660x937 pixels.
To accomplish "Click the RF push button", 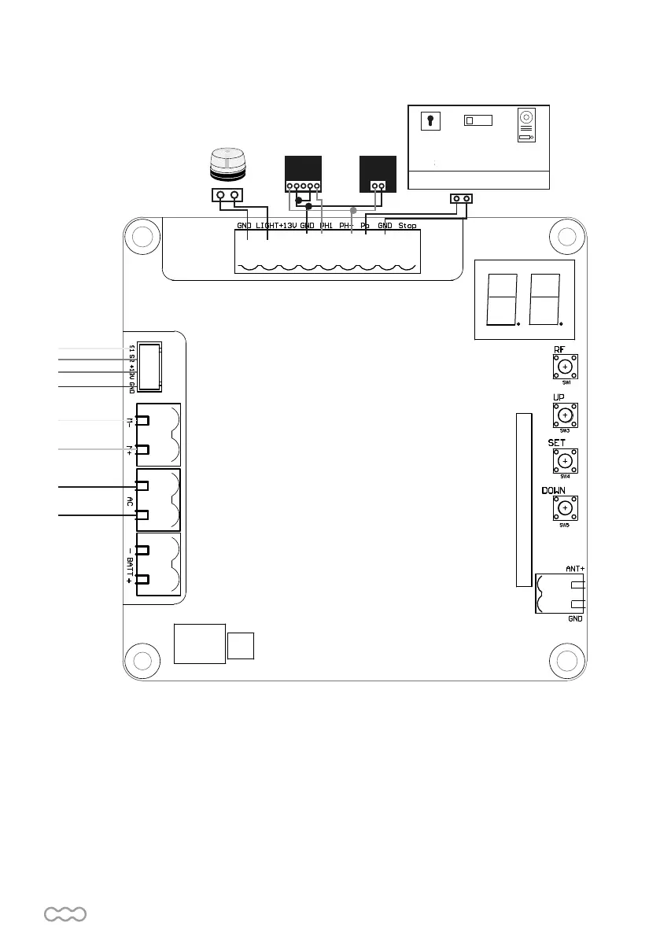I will [x=565, y=367].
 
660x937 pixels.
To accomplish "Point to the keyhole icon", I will [x=430, y=120].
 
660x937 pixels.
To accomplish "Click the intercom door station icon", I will [x=525, y=125].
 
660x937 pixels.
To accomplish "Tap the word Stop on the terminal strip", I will [x=407, y=226].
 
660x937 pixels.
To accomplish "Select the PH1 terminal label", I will [x=326, y=226].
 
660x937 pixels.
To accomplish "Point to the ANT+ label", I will [x=575, y=568].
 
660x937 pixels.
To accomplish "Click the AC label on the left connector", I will [x=130, y=500].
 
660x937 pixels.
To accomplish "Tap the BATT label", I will [x=130, y=564].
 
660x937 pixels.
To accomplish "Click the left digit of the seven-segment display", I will [x=502, y=299].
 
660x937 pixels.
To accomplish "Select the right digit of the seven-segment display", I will [x=544, y=299].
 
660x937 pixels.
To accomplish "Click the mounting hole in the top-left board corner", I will [x=142, y=238].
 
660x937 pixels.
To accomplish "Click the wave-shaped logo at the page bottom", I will [x=65, y=913].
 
